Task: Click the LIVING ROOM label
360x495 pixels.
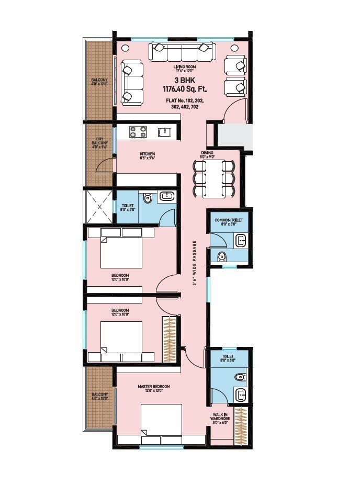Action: (185, 67)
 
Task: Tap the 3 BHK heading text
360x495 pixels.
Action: (185, 81)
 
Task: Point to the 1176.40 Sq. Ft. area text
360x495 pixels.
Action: (185, 89)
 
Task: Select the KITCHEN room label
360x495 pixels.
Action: (147, 154)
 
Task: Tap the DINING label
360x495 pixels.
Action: (207, 153)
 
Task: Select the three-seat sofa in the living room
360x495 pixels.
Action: (183, 52)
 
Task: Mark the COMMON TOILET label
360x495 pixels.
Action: (229, 220)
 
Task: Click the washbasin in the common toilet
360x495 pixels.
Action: (241, 241)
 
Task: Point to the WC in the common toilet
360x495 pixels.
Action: (222, 256)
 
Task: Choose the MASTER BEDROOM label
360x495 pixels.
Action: (154, 387)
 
